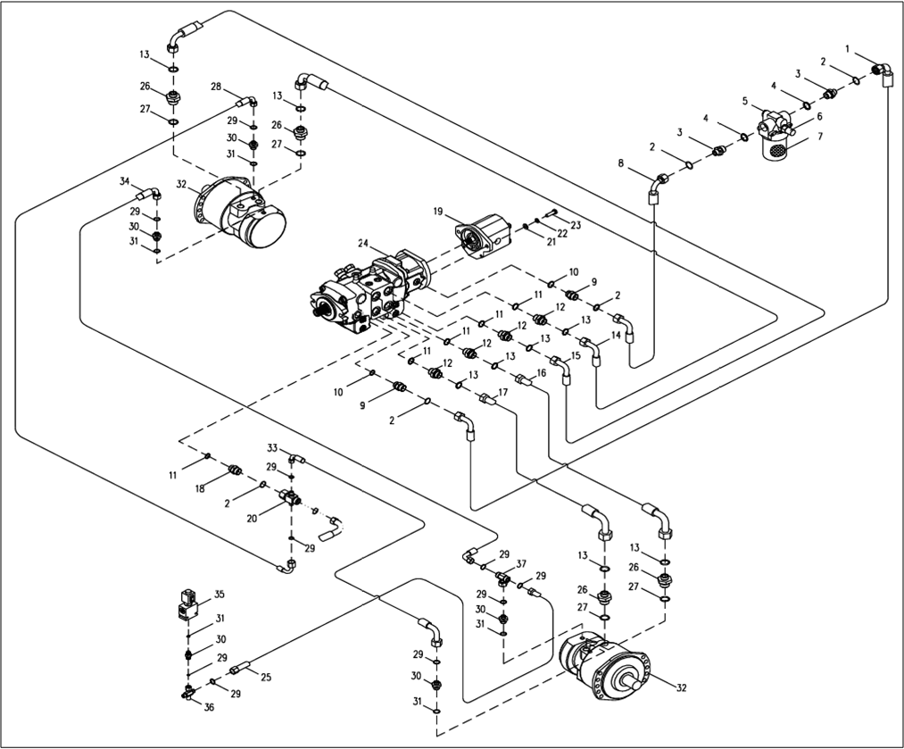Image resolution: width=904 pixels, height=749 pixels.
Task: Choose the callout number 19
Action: (x=439, y=212)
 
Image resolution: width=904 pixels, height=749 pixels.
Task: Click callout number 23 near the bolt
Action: (x=576, y=226)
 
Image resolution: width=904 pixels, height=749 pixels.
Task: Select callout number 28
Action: (x=216, y=87)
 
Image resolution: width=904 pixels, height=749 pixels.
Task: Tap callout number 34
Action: (x=125, y=181)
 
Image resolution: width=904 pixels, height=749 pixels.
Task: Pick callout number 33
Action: (x=272, y=446)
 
